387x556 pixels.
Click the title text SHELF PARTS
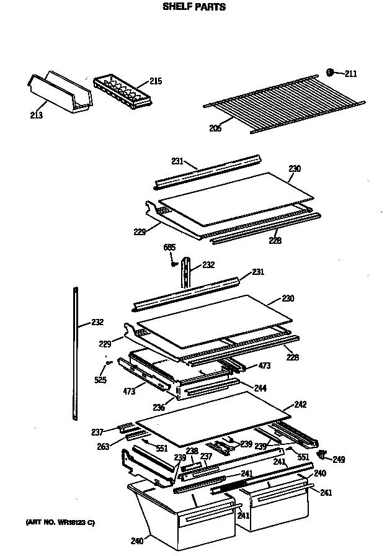click(x=194, y=7)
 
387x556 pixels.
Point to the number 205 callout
click(x=215, y=129)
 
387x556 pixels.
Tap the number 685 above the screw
click(x=169, y=248)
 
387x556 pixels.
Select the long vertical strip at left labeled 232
click(x=76, y=354)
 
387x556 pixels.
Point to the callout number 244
click(x=260, y=388)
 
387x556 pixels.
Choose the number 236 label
click(x=159, y=407)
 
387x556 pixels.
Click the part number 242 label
click(x=300, y=405)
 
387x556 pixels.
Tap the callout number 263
click(x=103, y=446)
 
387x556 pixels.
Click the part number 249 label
click(x=339, y=460)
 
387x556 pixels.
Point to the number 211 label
click(x=350, y=74)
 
